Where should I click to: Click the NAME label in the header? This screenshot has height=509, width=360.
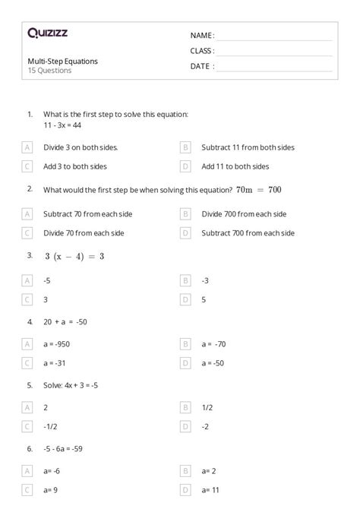[201, 35]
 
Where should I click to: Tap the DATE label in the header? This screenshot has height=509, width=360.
[201, 66]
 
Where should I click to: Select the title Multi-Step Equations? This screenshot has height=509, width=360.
[62, 61]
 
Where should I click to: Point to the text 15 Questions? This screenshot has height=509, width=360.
[49, 70]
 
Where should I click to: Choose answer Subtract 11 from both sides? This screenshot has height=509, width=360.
[248, 147]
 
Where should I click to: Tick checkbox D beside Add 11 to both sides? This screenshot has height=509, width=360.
[185, 166]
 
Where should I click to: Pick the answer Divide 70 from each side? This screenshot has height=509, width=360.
[84, 233]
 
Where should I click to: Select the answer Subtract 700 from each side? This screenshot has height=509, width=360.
[248, 233]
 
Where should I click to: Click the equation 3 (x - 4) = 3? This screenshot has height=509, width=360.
[74, 256]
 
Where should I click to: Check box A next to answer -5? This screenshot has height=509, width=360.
[27, 280]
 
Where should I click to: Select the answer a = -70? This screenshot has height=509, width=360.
[214, 344]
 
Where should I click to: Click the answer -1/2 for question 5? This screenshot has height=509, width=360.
[51, 426]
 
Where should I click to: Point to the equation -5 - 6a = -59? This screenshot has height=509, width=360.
[63, 448]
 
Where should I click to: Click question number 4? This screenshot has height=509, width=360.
[30, 322]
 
